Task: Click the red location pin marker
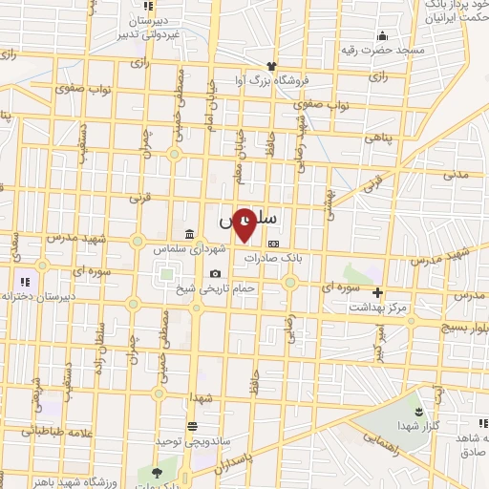tap(244, 225)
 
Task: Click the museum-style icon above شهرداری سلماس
tap(189, 235)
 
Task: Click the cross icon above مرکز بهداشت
tap(378, 292)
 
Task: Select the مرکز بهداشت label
tap(378, 308)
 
